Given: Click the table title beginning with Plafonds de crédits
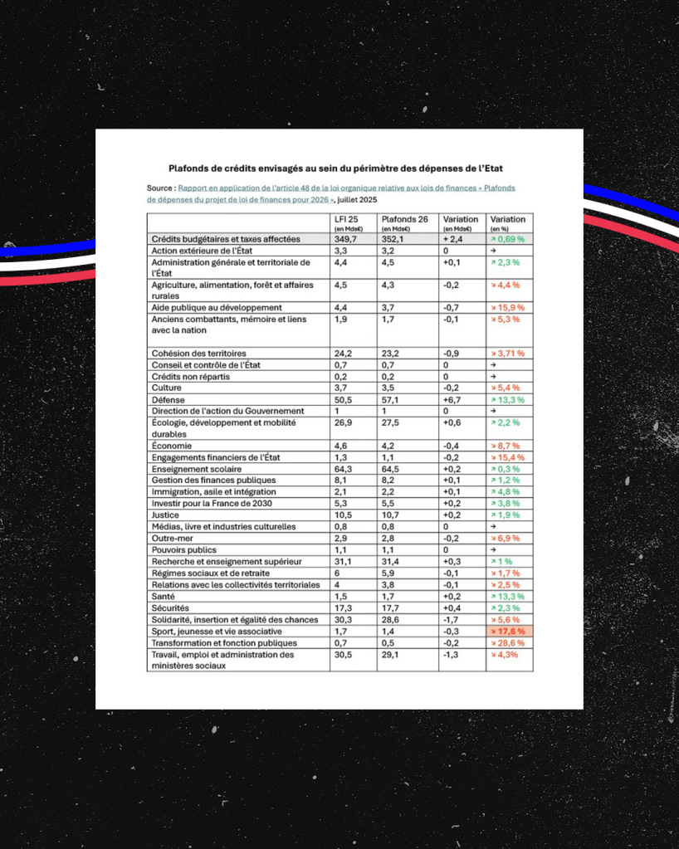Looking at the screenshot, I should pyautogui.click(x=339, y=168).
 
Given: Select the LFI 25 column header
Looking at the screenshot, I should pyautogui.click(x=346, y=219).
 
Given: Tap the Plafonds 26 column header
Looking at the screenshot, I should pyautogui.click(x=404, y=219).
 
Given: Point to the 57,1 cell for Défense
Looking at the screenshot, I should pyautogui.click(x=390, y=399).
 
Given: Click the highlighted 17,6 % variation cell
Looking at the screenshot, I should pyautogui.click(x=509, y=632).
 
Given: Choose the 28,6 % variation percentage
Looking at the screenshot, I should pyautogui.click(x=507, y=643).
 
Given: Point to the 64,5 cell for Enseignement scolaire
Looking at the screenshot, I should pyautogui.click(x=390, y=469).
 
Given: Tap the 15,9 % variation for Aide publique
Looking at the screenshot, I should pyautogui.click(x=507, y=308).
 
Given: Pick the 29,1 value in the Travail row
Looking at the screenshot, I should pyautogui.click(x=390, y=655).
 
